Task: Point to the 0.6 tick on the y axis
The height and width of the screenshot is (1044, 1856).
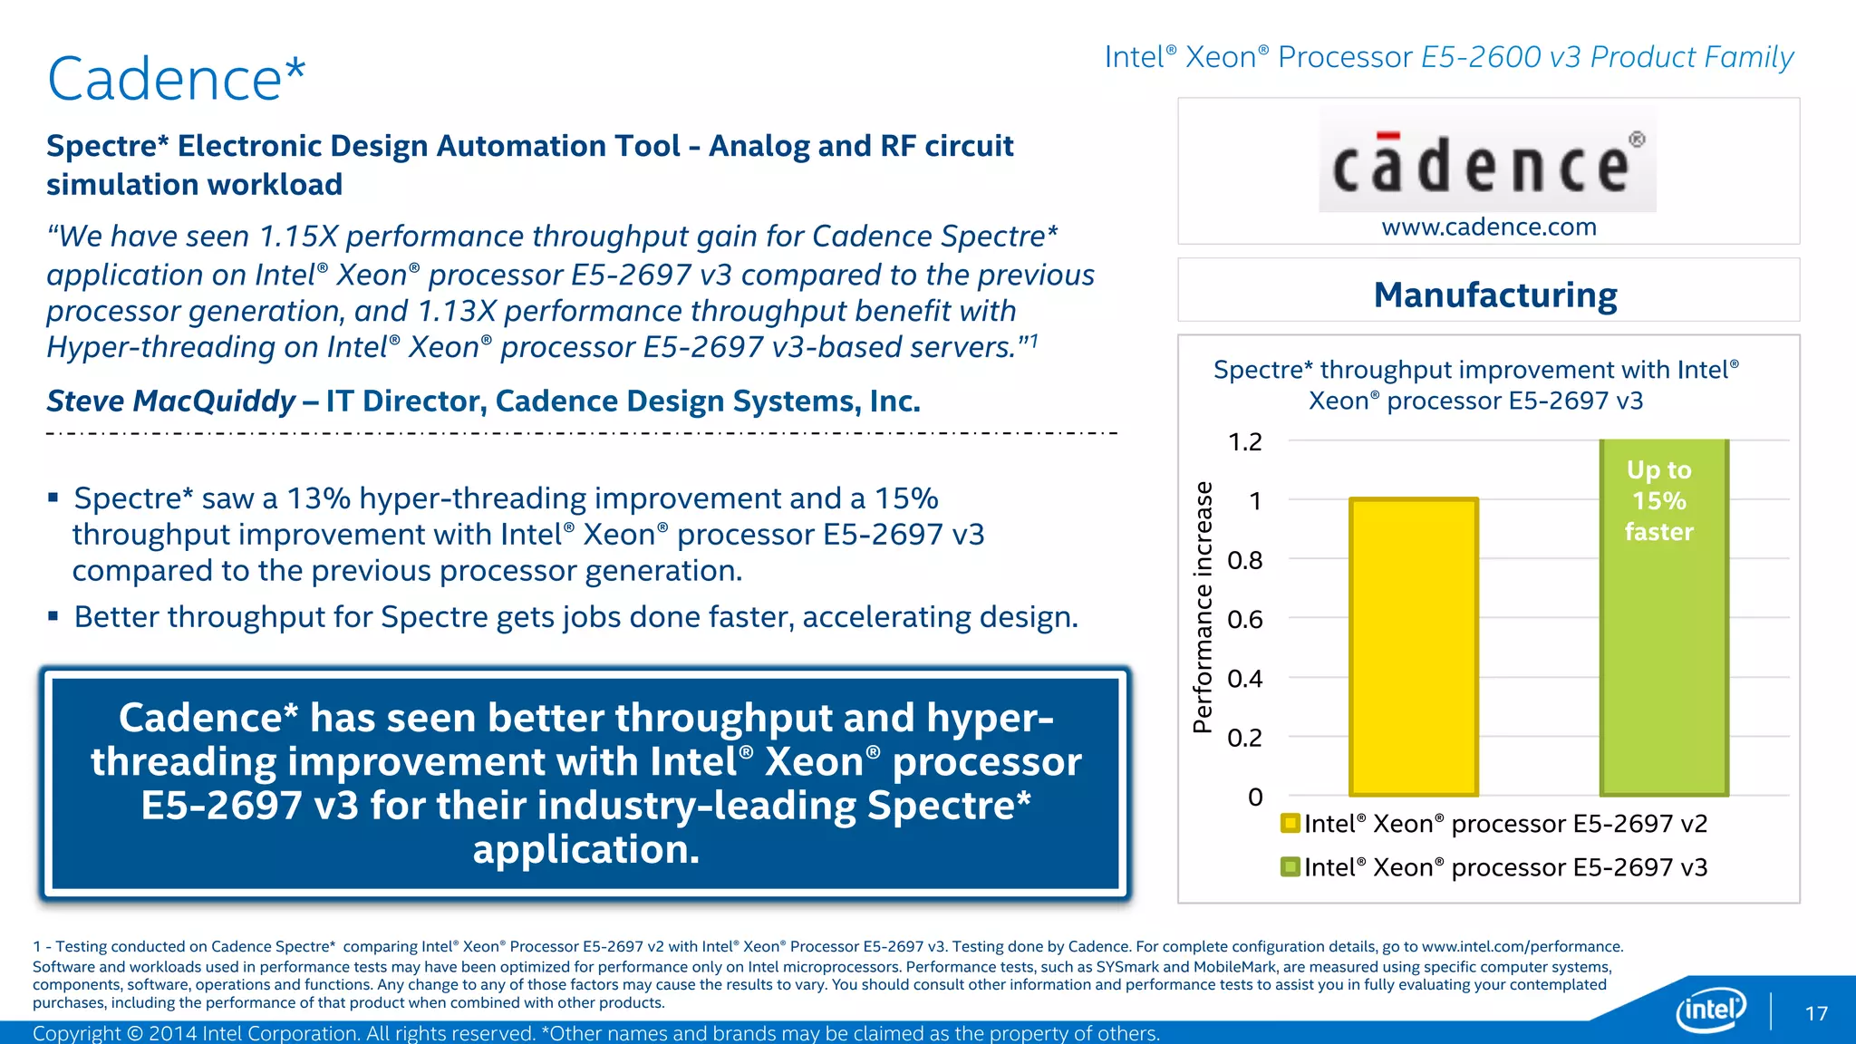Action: [x=1245, y=620]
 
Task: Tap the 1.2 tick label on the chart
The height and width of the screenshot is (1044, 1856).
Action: [x=1244, y=442]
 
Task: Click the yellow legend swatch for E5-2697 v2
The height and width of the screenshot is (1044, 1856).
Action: [x=1290, y=823]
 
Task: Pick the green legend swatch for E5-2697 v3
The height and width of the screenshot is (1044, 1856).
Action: [x=1290, y=867]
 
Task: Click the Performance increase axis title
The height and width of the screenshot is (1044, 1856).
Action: [x=1203, y=607]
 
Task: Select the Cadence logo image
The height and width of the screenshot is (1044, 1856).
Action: [x=1487, y=161]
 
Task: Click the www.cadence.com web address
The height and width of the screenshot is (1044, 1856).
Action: [x=1489, y=227]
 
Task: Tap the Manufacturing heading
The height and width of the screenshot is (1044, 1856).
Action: [x=1495, y=295]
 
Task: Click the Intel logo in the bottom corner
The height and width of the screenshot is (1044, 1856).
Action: [x=1711, y=1009]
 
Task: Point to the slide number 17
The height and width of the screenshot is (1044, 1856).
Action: [x=1816, y=1013]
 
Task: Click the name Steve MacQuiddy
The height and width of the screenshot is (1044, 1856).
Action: [x=171, y=401]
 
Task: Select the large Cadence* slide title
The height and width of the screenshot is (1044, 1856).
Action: [x=177, y=79]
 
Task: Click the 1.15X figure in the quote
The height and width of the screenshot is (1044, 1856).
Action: [x=298, y=237]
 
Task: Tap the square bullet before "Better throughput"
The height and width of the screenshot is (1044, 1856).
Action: [x=53, y=616]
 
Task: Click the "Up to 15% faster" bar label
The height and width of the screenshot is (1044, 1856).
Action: [x=1658, y=500]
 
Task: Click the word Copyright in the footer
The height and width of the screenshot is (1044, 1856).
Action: [x=75, y=1033]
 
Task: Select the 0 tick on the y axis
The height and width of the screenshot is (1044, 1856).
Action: [x=1255, y=797]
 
